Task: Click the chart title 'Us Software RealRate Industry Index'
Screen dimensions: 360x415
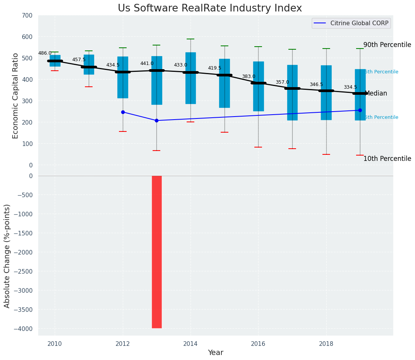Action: [x=210, y=8]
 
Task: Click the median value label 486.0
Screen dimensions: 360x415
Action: [x=45, y=53]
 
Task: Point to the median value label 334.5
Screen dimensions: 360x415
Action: [x=350, y=87]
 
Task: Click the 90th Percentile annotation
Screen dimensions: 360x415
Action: [x=387, y=45]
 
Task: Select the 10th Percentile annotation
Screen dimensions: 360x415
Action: [x=387, y=159]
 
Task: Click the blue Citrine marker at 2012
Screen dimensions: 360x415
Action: [x=123, y=112]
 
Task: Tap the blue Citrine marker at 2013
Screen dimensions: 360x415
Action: [x=156, y=120]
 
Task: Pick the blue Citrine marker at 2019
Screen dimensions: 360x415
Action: [x=360, y=110]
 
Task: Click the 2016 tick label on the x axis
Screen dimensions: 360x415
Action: [x=258, y=344]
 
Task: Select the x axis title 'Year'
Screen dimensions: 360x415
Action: [x=215, y=353]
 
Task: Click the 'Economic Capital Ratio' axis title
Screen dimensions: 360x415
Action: [x=16, y=96]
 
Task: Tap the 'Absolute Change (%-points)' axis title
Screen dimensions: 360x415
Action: [x=7, y=256]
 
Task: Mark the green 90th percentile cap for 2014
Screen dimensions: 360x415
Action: [x=190, y=39]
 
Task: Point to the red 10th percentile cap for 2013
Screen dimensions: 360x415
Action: [x=156, y=151]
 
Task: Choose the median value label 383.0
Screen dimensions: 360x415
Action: [x=249, y=76]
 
